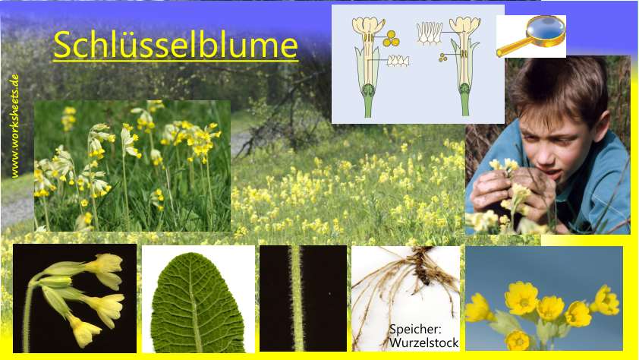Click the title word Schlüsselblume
[175, 46]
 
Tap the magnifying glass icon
[531, 36]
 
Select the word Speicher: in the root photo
[415, 330]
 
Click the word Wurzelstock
[424, 343]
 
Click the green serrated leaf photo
[197, 299]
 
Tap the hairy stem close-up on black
[301, 298]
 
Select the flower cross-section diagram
[417, 64]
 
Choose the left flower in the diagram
[369, 65]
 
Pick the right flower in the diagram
[464, 65]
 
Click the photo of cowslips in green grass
[132, 166]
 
